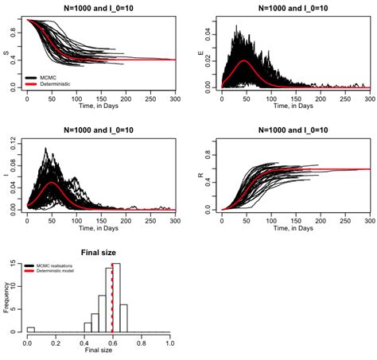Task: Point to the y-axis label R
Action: (200, 176)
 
